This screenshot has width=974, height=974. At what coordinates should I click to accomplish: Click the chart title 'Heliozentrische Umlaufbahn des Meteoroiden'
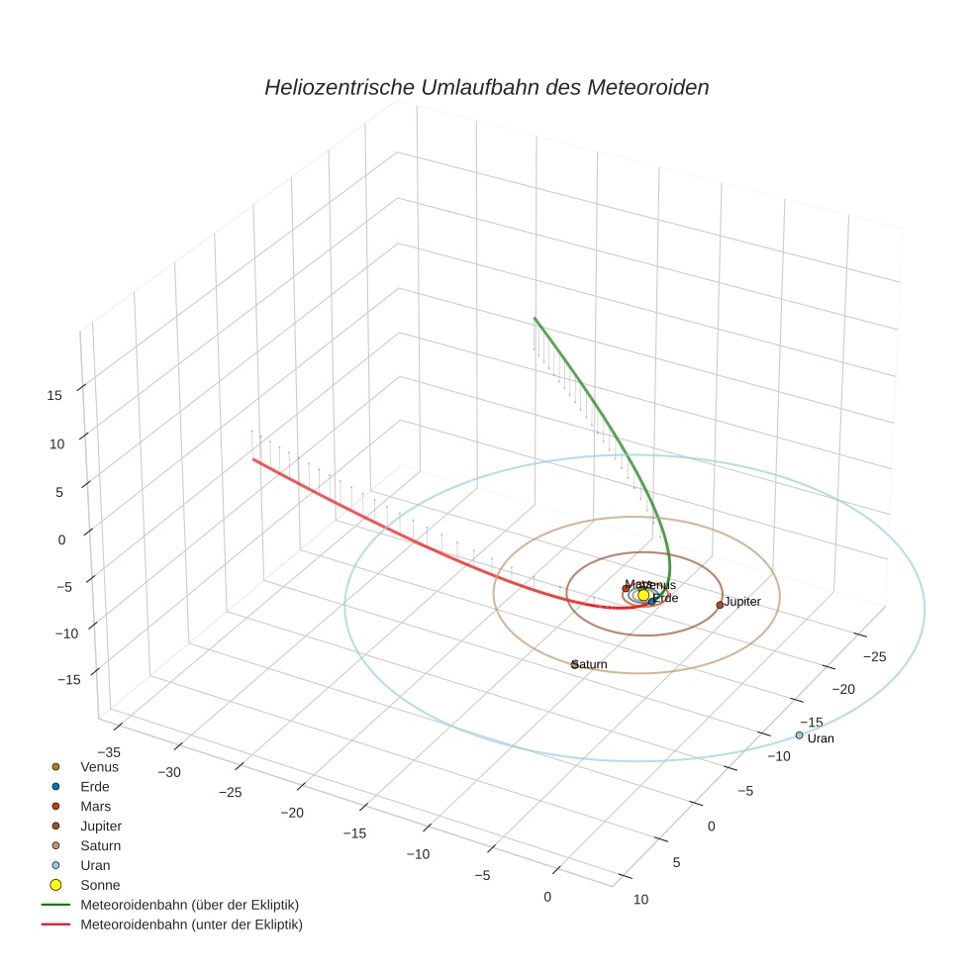(x=486, y=87)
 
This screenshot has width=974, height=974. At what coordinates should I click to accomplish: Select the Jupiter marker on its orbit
(x=720, y=604)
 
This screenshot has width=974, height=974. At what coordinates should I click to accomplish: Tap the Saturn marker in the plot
(x=575, y=664)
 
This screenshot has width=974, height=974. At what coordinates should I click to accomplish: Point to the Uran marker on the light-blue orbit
(x=799, y=734)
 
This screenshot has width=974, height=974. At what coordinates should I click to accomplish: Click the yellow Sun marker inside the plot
(x=643, y=595)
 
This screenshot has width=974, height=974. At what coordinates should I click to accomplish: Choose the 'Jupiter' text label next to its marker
(x=742, y=602)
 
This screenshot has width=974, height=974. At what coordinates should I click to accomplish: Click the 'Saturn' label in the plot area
(x=591, y=665)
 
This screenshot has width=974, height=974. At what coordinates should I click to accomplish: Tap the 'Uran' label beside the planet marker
(x=821, y=738)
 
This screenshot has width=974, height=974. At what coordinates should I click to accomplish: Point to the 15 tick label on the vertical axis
(x=54, y=395)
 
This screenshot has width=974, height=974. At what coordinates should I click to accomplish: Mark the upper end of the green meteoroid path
(x=535, y=319)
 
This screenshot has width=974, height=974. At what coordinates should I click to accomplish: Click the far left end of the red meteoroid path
(x=253, y=459)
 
